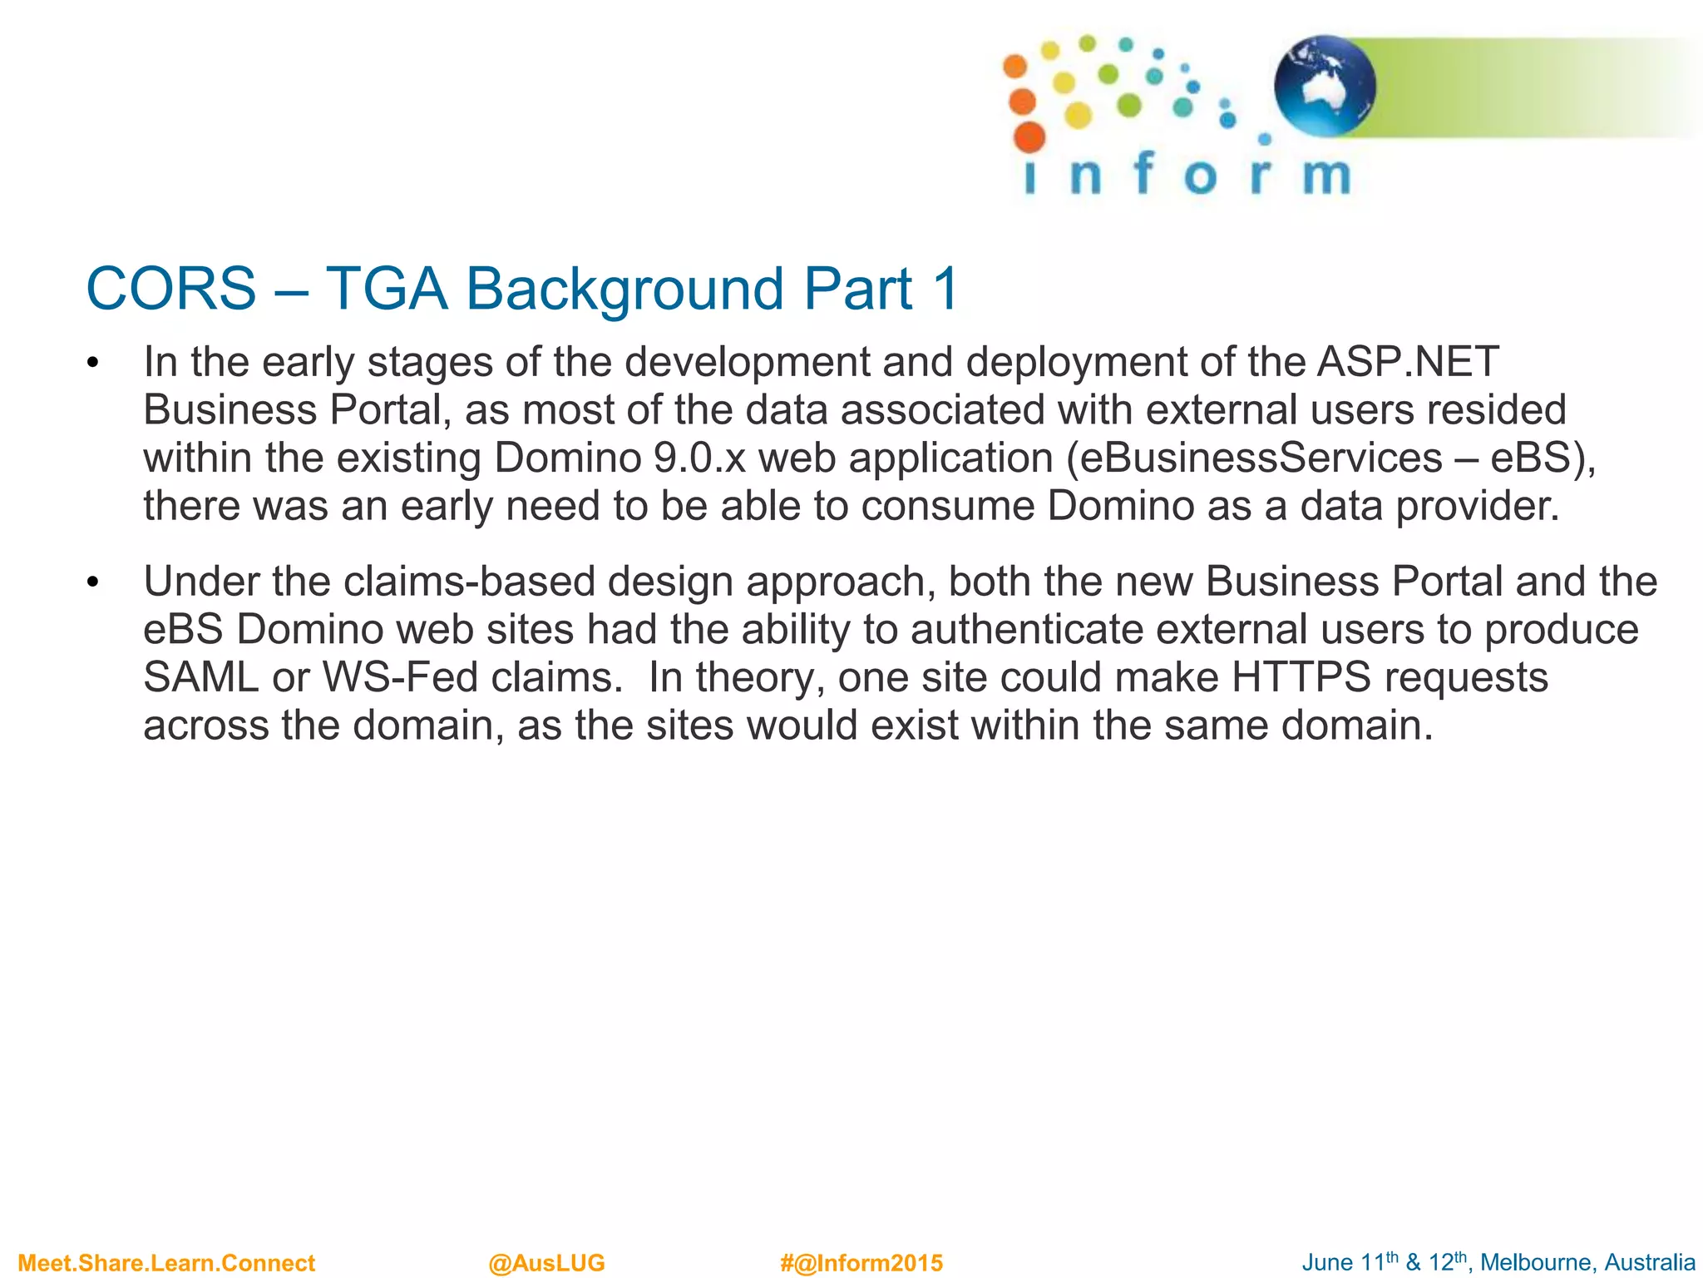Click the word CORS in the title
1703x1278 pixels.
(x=170, y=290)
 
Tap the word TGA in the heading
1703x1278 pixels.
(x=386, y=290)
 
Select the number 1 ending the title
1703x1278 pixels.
(x=945, y=290)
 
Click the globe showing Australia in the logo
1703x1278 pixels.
(x=1324, y=86)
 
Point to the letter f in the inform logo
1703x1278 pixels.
(x=1144, y=173)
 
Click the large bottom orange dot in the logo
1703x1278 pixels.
(x=1029, y=137)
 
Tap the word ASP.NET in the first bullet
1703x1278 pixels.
(x=1407, y=362)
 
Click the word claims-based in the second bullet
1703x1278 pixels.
(x=469, y=582)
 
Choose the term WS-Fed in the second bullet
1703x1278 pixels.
(x=400, y=677)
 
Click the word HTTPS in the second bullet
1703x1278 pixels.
(x=1301, y=677)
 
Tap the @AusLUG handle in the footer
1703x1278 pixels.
(x=546, y=1263)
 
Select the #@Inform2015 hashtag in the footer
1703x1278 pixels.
(x=861, y=1263)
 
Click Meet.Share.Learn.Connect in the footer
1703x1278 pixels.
(x=166, y=1263)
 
